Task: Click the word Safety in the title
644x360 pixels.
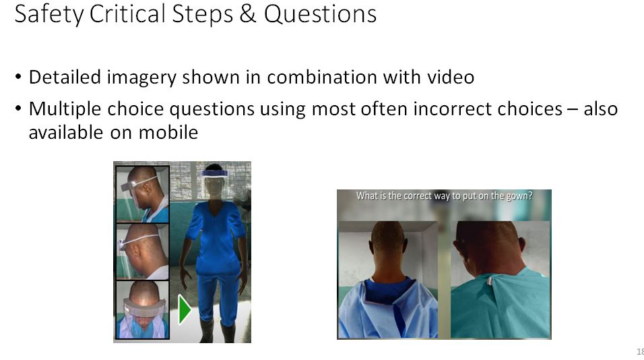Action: coord(49,14)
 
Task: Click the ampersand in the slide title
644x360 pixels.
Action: coord(248,13)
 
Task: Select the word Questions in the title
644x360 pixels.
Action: coord(320,14)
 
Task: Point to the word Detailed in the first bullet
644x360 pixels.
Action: coord(65,77)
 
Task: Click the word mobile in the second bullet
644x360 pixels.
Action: coord(168,132)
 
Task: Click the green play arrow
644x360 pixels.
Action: coord(185,309)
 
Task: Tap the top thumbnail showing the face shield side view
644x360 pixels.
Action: coord(143,194)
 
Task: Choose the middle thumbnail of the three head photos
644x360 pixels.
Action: coord(143,251)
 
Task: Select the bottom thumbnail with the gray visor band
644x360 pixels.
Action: coord(143,309)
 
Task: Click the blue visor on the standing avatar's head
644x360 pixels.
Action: coord(214,173)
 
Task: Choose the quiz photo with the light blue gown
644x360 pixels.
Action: coord(388,280)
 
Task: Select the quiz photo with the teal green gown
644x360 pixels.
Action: coord(501,280)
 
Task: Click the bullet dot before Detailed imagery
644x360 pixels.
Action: coord(18,77)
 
